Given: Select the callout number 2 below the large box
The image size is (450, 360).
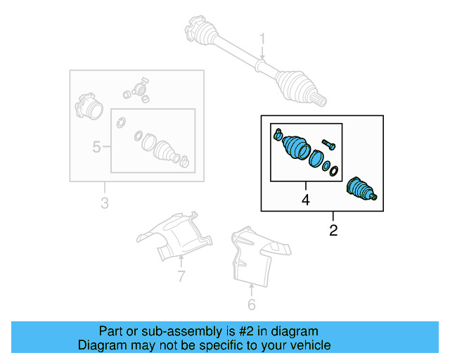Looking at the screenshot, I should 333,230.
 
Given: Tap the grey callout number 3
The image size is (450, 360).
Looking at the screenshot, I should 105,204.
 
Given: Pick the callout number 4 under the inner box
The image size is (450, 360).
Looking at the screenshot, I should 305,200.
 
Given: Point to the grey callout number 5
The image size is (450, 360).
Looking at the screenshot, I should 97,147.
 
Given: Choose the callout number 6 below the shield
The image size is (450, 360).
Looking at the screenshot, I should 251,304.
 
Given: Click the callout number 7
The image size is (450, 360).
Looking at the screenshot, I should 181,276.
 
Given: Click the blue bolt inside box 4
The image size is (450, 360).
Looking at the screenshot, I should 328,146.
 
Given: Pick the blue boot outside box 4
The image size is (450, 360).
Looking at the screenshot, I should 363,191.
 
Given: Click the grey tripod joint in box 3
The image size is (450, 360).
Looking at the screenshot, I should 136,90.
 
